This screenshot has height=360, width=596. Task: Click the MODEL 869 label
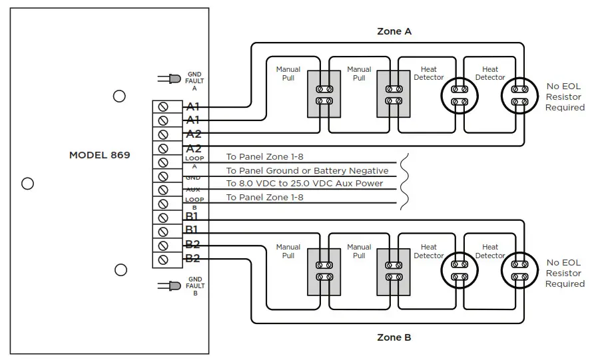click(100, 155)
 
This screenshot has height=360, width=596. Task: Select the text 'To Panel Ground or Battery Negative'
click(307, 171)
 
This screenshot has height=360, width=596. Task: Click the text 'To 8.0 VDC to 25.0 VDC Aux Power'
click(304, 184)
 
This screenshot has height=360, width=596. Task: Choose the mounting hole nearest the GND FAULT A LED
click(119, 96)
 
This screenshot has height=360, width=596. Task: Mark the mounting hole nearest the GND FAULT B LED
click(121, 270)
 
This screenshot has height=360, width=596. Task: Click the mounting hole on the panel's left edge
click(27, 184)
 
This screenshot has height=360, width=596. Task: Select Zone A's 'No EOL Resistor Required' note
click(565, 96)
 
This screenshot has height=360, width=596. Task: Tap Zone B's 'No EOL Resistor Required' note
click(565, 273)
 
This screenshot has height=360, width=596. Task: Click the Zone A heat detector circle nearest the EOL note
click(519, 96)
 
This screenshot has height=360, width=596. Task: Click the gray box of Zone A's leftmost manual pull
click(324, 94)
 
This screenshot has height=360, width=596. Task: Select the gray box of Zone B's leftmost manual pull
click(324, 270)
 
